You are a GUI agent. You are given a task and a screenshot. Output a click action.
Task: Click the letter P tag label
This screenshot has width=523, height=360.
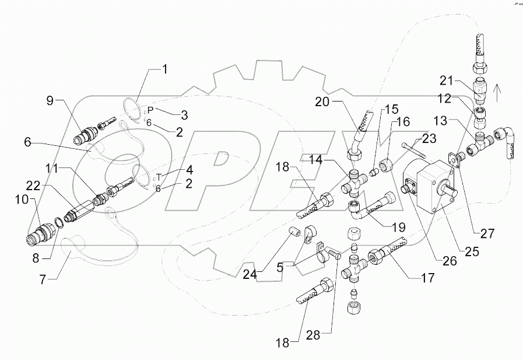(150, 110)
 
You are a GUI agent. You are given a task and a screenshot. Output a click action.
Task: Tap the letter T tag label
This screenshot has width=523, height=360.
(158, 176)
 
